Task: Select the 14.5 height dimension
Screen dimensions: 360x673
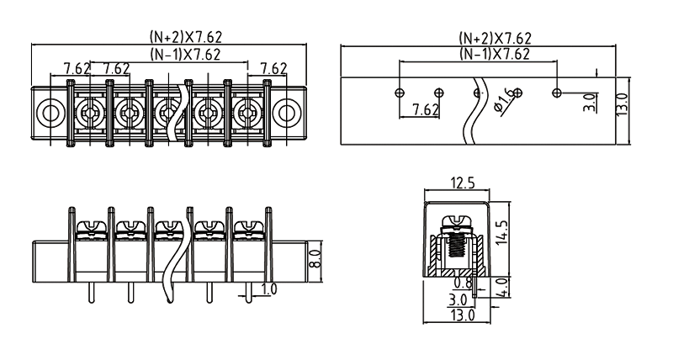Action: tap(502, 231)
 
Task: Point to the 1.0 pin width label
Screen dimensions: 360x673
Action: tap(268, 290)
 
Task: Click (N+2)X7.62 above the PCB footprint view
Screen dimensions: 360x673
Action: tap(495, 39)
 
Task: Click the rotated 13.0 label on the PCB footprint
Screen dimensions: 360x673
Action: tap(622, 106)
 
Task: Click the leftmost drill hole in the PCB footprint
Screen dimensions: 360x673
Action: tap(400, 90)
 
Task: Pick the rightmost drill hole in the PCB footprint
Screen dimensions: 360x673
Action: tap(556, 90)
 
